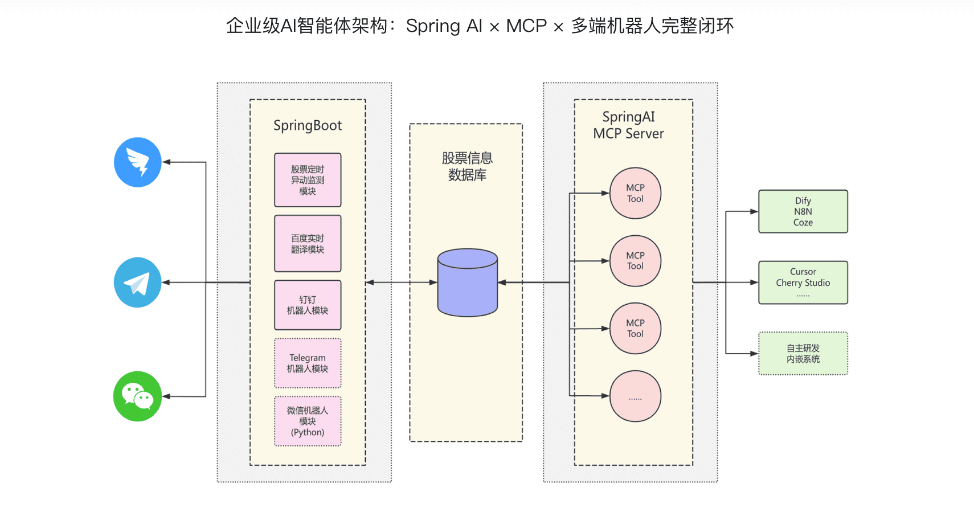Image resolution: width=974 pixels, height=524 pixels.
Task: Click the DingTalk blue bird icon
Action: pyautogui.click(x=138, y=162)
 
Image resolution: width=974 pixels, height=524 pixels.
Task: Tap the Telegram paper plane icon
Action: pyautogui.click(x=138, y=283)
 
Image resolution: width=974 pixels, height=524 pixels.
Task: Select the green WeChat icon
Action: pyautogui.click(x=138, y=396)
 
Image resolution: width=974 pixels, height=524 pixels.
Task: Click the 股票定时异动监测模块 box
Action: pyautogui.click(x=308, y=180)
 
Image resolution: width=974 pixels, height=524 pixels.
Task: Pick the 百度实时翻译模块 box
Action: pyautogui.click(x=308, y=244)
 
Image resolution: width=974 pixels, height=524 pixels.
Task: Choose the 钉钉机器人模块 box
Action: pyautogui.click(x=308, y=305)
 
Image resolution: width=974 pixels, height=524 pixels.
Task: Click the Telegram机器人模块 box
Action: pyautogui.click(x=308, y=363)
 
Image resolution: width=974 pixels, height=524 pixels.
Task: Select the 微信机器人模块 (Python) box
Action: pyautogui.click(x=308, y=421)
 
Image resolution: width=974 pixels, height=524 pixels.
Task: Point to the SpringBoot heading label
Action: pyautogui.click(x=308, y=125)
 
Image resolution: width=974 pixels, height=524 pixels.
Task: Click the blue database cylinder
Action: pyautogui.click(x=468, y=283)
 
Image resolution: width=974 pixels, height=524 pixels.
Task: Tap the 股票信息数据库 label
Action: pyautogui.click(x=467, y=166)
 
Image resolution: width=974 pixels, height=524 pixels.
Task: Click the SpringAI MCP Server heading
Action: pyautogui.click(x=629, y=125)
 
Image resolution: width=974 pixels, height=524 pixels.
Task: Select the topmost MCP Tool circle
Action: pyautogui.click(x=635, y=193)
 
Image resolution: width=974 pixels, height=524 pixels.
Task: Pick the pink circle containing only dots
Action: pyautogui.click(x=635, y=396)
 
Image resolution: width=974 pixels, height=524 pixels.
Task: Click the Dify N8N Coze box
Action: pyautogui.click(x=803, y=211)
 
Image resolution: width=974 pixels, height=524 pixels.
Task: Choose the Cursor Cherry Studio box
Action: pyautogui.click(x=803, y=283)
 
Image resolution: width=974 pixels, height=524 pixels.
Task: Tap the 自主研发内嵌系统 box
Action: pyautogui.click(x=803, y=354)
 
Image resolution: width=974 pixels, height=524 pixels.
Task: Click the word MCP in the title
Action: pyautogui.click(x=526, y=26)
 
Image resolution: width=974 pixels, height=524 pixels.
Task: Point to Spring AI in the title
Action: pyautogui.click(x=444, y=26)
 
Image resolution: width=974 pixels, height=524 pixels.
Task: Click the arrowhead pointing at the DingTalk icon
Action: pyautogui.click(x=166, y=162)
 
